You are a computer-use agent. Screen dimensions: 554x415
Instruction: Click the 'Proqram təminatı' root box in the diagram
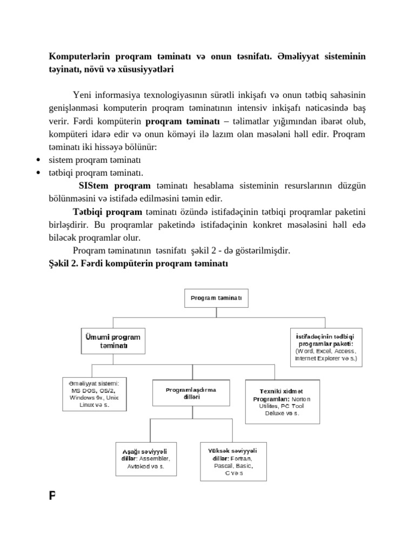point(216,297)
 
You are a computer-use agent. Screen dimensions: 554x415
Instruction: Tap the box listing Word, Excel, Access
point(326,347)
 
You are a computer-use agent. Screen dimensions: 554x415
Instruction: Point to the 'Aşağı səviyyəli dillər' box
point(146,459)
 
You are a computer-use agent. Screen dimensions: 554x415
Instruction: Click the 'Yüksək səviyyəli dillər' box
point(232,461)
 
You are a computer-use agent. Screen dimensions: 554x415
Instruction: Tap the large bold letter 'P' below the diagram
point(53,496)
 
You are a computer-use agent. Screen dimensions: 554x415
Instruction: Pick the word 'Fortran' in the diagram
point(242,458)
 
